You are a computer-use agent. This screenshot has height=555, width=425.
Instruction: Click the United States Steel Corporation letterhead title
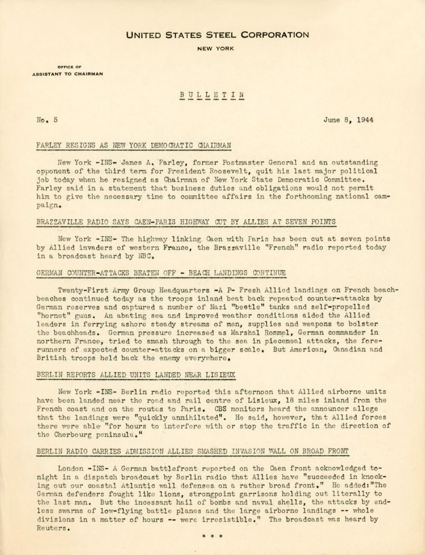218,35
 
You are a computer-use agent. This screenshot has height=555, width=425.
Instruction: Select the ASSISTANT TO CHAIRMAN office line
68,74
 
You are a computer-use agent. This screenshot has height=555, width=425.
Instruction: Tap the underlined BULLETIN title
212,95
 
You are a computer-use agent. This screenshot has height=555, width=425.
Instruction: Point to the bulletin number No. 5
47,120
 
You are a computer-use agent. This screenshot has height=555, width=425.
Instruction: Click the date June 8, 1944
348,120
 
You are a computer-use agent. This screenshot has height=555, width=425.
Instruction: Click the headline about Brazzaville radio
186,222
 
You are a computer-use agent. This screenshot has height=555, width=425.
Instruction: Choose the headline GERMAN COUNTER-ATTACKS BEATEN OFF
161,273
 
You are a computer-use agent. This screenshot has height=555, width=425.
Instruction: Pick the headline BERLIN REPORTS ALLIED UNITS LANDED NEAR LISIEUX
137,375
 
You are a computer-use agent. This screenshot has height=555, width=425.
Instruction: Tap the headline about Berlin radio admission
193,452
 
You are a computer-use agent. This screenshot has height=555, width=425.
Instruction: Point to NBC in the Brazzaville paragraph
148,256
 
